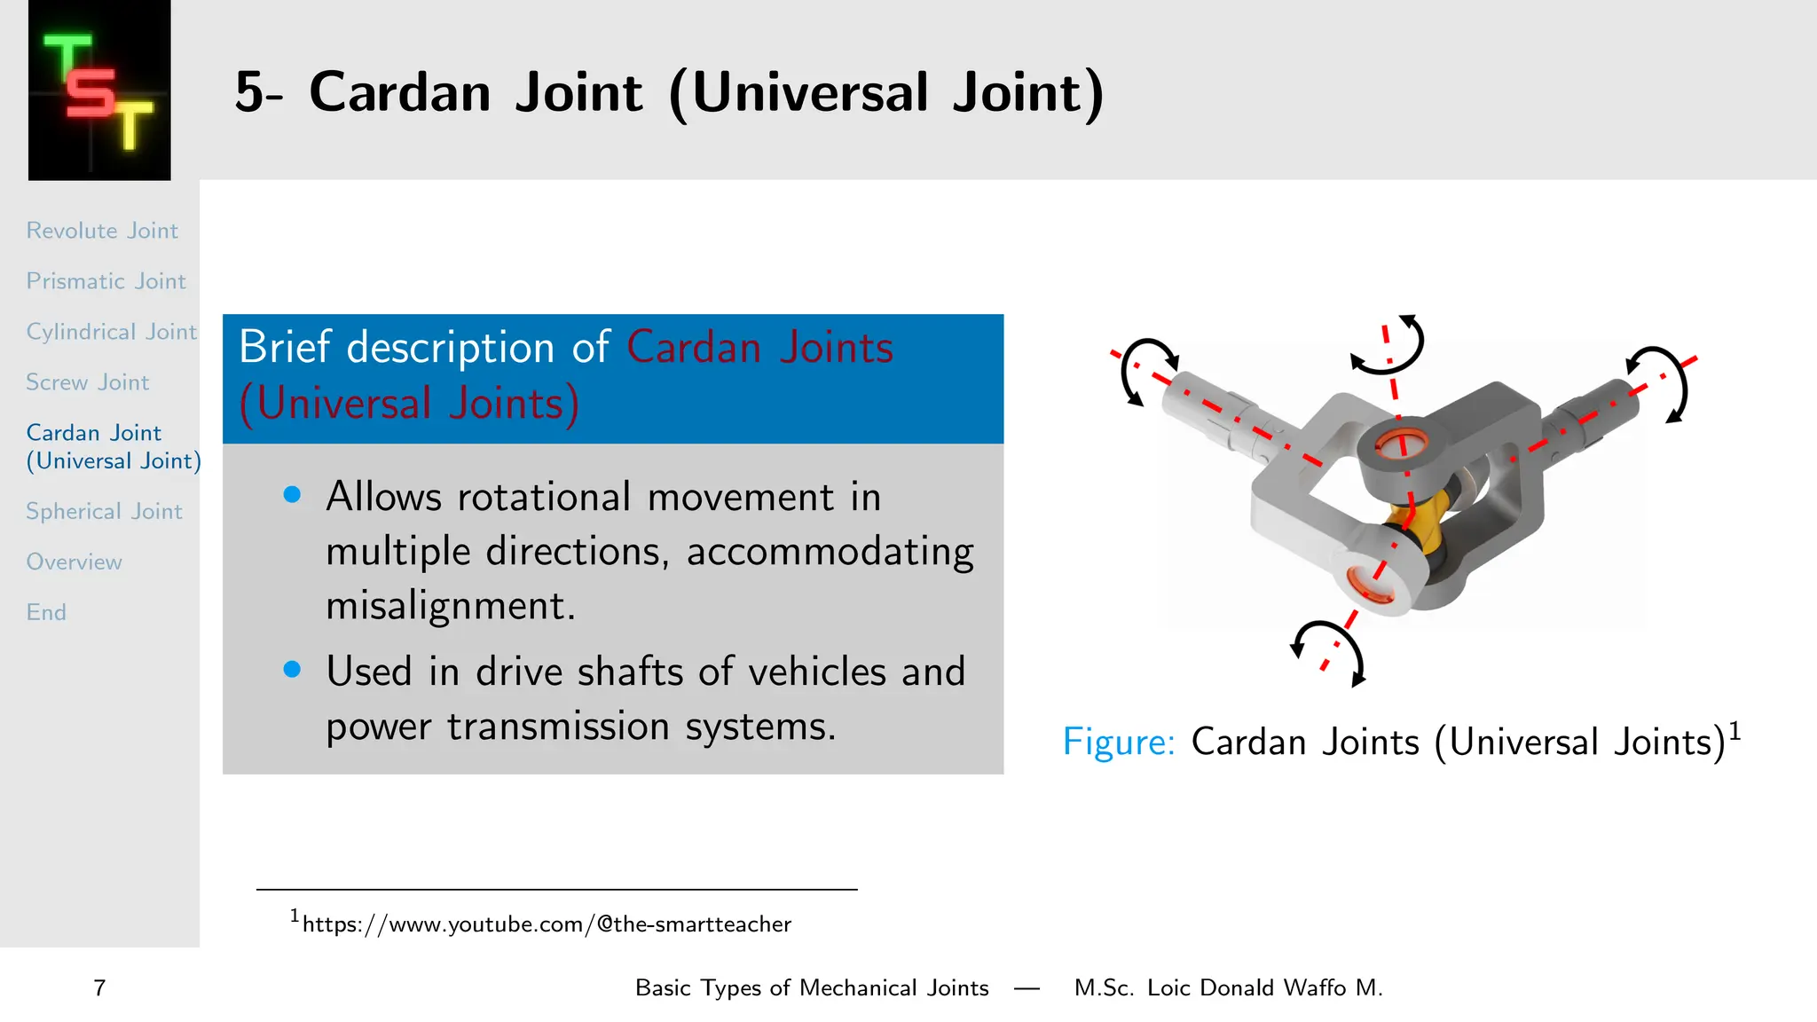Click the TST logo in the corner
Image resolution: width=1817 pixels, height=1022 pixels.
[x=99, y=91]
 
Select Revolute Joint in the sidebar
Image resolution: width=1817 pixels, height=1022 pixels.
[x=102, y=231]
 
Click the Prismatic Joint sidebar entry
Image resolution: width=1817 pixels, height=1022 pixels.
[x=106, y=281]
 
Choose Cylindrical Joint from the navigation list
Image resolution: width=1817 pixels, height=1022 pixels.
[x=111, y=332]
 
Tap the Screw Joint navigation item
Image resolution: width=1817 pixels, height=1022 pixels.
[x=87, y=382]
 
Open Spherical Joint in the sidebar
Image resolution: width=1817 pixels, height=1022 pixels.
[x=104, y=512]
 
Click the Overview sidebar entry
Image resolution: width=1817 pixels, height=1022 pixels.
[x=74, y=562]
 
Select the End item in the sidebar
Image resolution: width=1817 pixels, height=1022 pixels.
[x=46, y=613]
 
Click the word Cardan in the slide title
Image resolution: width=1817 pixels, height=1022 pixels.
[x=399, y=92]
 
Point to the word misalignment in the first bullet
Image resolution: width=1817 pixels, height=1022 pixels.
[x=450, y=606]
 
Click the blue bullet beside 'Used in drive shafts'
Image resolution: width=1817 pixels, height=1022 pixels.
[x=292, y=670]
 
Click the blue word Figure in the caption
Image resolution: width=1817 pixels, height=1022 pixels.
[x=1118, y=742]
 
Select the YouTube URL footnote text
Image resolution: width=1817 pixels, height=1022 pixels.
[x=546, y=924]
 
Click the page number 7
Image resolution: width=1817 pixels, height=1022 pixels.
[x=99, y=988]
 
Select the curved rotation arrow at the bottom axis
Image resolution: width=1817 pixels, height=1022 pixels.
[x=1331, y=645]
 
